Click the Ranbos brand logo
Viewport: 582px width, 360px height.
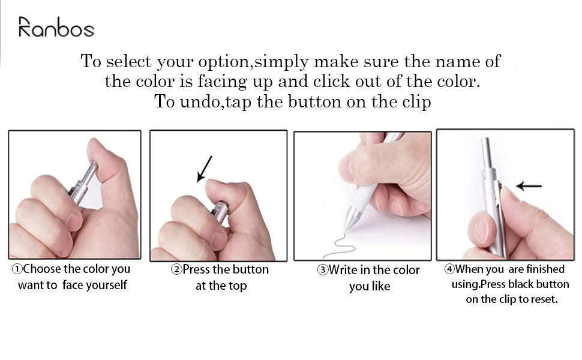[56, 28]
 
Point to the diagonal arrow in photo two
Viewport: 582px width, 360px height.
[205, 168]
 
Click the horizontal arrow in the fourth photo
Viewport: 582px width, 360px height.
[529, 186]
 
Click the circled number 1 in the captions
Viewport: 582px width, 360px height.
[17, 269]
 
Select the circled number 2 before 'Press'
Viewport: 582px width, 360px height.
[176, 270]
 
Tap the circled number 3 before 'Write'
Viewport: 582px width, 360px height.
[322, 271]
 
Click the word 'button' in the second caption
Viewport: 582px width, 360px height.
[250, 269]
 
